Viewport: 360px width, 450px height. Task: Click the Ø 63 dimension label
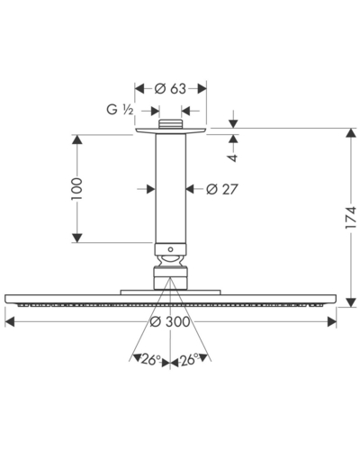pos(170,89)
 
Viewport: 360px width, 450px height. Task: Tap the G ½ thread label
pos(120,110)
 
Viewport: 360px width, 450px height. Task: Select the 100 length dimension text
pos(76,189)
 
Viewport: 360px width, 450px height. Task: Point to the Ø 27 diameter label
pos(222,189)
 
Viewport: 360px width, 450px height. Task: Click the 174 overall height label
pos(350,218)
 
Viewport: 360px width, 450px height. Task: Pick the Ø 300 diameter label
pos(170,322)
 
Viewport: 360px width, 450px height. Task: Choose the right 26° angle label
pos(189,360)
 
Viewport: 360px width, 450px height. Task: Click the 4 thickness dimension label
pos(233,157)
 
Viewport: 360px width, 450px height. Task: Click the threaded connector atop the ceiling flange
pos(170,124)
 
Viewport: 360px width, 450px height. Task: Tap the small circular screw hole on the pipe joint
pos(170,249)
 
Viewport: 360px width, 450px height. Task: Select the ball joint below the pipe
pos(170,260)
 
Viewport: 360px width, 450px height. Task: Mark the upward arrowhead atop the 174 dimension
pos(350,133)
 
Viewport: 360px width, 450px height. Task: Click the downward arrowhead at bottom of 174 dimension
pos(350,302)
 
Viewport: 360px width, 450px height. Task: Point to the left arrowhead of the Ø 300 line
pos(10,322)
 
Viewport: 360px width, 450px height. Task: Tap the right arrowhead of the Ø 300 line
pos(332,322)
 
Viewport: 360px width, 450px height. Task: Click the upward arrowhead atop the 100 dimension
pos(77,139)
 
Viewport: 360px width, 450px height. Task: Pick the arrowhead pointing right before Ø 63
pos(139,89)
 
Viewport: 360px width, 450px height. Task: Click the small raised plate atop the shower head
pos(170,292)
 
